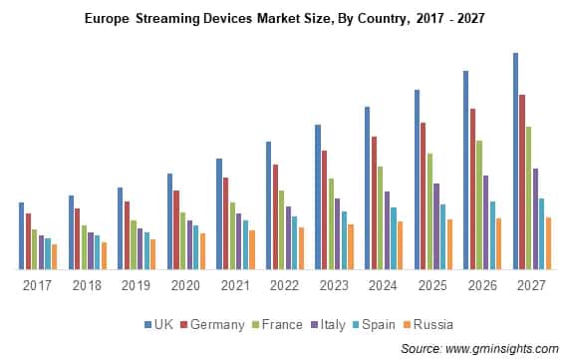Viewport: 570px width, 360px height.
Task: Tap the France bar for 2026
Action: click(x=479, y=204)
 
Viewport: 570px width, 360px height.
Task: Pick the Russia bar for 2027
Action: click(x=548, y=243)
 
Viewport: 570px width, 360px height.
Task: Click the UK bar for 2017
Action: click(x=21, y=236)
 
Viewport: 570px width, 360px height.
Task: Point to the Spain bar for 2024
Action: click(x=394, y=238)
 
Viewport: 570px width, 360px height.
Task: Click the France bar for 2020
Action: click(x=182, y=240)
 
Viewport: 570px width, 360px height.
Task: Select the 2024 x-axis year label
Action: click(x=383, y=285)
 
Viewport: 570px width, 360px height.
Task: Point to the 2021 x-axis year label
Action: click(x=235, y=285)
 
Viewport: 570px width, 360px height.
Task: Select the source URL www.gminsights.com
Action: click(x=502, y=348)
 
